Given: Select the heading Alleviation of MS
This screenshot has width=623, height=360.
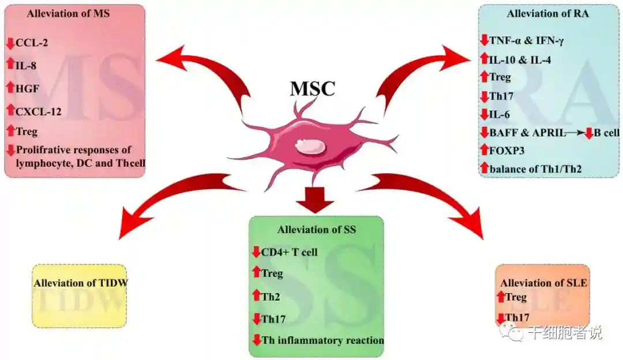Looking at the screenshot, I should coord(67,14).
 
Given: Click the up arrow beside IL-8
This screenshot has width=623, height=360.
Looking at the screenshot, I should coord(10,65).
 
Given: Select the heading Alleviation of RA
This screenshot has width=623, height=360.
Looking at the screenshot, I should coord(548,14).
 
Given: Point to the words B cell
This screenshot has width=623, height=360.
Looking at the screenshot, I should coord(607,133).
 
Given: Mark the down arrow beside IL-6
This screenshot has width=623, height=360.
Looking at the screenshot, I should coord(484,114).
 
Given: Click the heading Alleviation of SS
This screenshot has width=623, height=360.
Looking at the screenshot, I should coord(317,230).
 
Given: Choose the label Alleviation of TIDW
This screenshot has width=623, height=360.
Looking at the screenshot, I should coord(80,283).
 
